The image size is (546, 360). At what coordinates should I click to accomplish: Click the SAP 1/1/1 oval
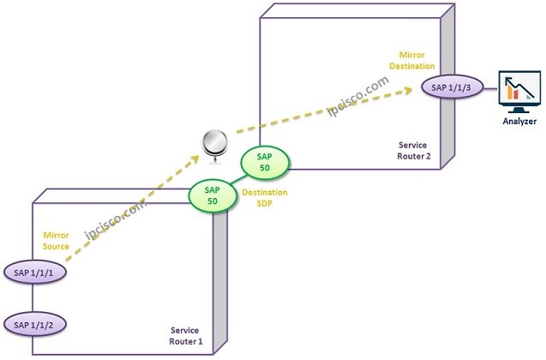[33, 273]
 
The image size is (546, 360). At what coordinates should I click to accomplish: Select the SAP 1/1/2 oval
[33, 324]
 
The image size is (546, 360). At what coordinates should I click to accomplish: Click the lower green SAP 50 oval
[213, 196]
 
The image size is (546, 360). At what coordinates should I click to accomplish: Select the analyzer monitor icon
[519, 91]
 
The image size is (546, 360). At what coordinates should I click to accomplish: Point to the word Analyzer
[519, 122]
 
